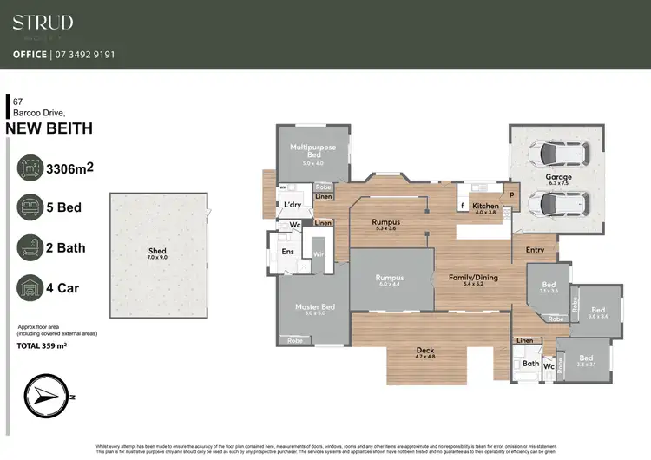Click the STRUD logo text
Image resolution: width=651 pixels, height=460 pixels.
[x=43, y=23]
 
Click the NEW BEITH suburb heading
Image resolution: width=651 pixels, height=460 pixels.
[x=49, y=129]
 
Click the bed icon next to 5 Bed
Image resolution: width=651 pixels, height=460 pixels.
[x=30, y=207]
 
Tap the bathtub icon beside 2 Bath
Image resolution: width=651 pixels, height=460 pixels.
[x=30, y=247]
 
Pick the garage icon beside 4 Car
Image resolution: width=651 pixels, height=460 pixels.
[x=30, y=287]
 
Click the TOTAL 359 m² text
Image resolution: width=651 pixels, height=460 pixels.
[x=43, y=345]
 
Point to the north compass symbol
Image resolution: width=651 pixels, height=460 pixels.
[x=46, y=396]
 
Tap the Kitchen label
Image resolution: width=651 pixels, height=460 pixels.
[x=484, y=207]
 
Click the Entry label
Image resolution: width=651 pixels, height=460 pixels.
[x=535, y=250]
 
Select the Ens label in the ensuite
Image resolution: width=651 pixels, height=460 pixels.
[x=286, y=253]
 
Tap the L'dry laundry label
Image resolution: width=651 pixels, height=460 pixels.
[x=293, y=205]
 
